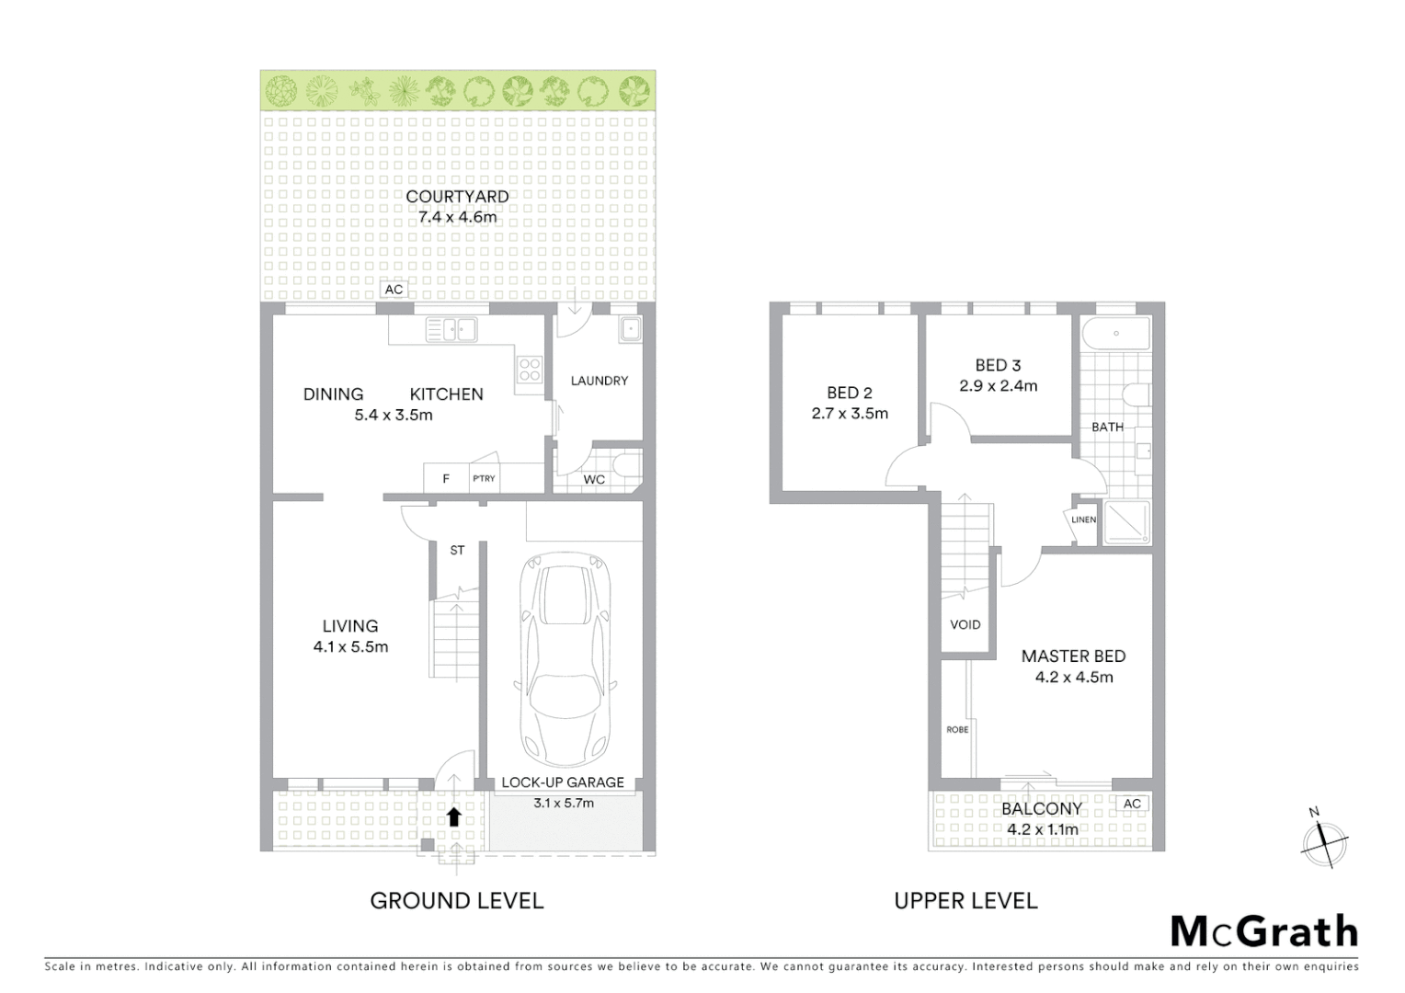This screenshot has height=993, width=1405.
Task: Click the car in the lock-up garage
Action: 563,659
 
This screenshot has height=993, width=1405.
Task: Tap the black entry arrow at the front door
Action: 453,816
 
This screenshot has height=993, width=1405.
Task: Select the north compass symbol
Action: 1324,839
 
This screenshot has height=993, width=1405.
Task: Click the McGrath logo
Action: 1263,931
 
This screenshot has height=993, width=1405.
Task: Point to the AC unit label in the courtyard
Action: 394,290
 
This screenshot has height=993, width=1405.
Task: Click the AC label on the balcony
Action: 1132,804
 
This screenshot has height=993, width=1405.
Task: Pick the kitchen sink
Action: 451,329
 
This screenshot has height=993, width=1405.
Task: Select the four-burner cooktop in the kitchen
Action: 530,370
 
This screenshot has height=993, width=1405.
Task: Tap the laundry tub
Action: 630,330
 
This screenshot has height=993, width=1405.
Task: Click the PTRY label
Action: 484,478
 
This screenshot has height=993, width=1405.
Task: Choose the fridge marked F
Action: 446,478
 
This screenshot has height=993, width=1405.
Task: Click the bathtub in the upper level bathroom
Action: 1114,334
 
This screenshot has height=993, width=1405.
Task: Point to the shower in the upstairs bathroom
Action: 1126,521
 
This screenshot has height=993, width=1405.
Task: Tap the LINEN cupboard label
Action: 1083,519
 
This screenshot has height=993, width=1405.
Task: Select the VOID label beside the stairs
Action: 965,624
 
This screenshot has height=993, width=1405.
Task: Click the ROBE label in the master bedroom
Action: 957,729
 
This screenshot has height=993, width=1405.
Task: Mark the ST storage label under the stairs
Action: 457,550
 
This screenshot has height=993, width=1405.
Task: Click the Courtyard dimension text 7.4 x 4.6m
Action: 457,217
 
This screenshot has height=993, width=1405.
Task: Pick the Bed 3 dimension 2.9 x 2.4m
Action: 998,386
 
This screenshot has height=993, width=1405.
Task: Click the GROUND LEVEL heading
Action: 456,900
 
